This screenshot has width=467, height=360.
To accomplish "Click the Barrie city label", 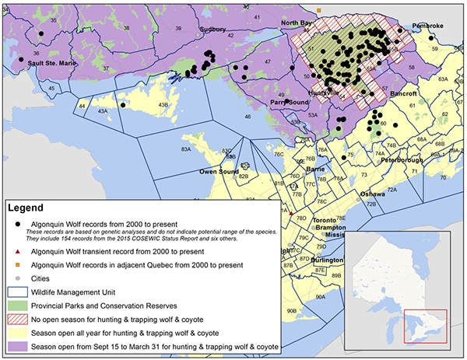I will point(314,168).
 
